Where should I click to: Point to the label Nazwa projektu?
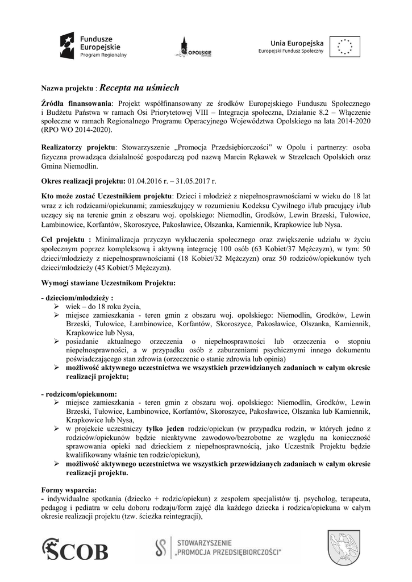point(66,89)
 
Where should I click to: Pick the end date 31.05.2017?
point(195,181)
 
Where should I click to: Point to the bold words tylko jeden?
point(164,427)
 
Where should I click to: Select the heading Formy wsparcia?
point(69,489)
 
